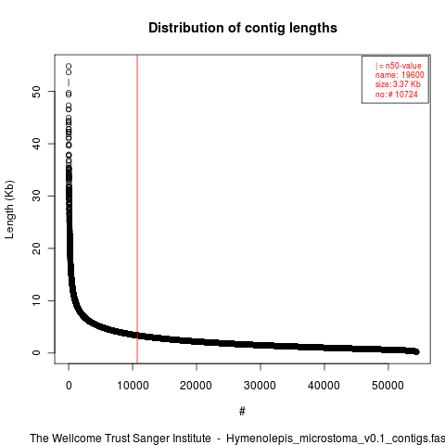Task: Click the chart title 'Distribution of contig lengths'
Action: point(243,28)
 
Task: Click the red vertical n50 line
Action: point(137,210)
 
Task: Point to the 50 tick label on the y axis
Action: point(36,92)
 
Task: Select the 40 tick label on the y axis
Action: point(36,144)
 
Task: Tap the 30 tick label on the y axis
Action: point(36,196)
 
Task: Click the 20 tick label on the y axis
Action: point(36,248)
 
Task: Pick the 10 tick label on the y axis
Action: point(36,300)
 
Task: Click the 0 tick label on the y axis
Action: point(36,352)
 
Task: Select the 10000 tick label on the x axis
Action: point(133,386)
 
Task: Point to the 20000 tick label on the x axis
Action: point(196,386)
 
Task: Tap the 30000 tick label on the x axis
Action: point(260,386)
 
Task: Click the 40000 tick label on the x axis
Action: point(324,386)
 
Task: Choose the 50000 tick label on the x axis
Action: point(388,386)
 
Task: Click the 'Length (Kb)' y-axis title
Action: point(9,210)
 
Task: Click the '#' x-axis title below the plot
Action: point(242,412)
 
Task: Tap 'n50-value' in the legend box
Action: point(403,66)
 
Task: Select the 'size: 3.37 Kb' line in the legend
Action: point(398,84)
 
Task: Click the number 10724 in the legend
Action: point(406,94)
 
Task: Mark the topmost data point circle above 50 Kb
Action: point(69,66)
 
